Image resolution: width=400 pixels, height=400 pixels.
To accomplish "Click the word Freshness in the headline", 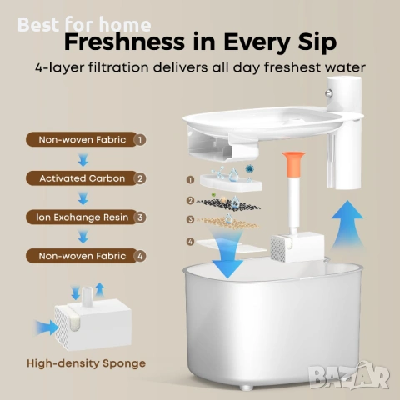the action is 124,42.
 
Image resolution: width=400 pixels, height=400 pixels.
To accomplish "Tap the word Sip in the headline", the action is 317,43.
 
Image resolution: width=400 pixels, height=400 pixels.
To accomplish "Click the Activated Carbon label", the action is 82,178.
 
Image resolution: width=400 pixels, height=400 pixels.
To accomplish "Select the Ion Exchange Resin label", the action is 82,217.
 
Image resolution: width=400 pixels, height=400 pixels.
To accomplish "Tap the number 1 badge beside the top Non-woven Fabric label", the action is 140,140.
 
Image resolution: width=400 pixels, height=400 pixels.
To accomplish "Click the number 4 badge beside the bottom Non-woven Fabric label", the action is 140,256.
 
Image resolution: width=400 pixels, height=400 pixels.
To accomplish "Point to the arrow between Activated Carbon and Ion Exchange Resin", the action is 82,198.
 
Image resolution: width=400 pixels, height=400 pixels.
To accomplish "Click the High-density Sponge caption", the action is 86,363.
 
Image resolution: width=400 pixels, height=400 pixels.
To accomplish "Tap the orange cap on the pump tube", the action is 293,164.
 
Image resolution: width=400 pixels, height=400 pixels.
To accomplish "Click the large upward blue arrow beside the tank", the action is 347,224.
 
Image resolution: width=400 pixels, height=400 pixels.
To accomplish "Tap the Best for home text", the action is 84,25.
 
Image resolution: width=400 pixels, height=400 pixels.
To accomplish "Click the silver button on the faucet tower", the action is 329,93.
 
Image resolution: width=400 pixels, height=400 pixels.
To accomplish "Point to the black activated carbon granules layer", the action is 228,204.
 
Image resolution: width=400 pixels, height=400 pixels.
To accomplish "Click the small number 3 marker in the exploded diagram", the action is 190,219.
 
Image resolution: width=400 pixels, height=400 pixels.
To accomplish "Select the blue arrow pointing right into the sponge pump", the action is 47,327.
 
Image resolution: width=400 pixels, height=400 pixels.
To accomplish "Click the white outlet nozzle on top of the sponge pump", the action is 87,297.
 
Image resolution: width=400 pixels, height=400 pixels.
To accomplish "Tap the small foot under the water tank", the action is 247,387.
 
